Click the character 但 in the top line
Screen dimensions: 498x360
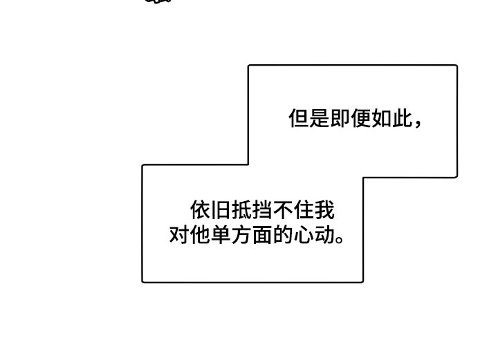[299, 118]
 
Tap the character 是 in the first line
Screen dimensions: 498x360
[320, 118]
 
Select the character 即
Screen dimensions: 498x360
[340, 118]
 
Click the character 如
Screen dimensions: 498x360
[382, 118]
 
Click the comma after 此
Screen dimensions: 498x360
[418, 124]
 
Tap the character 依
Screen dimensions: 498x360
[201, 209]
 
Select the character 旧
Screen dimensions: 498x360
[221, 209]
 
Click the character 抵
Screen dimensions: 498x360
[242, 209]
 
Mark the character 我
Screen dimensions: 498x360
[324, 209]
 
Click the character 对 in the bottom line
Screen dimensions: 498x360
[179, 234]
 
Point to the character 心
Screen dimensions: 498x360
[304, 234]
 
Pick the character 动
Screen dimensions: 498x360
[324, 234]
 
